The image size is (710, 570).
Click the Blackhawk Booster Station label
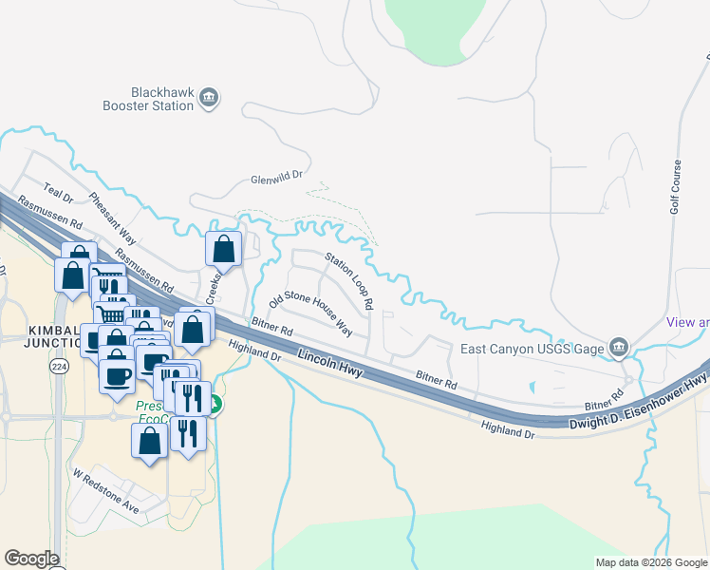coord(148,99)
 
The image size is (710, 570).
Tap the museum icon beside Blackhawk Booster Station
coord(211,97)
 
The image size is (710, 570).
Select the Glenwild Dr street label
coord(275,177)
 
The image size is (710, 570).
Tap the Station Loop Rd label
coord(348,279)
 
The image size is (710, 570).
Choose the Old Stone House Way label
coord(310,314)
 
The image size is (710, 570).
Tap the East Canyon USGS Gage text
coord(532,349)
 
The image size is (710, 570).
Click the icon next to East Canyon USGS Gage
coord(619,347)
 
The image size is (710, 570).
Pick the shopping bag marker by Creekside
coord(223,250)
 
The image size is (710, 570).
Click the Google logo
coord(30,559)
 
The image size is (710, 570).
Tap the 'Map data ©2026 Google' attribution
coord(650,562)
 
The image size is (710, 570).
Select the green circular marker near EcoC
coord(215,405)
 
